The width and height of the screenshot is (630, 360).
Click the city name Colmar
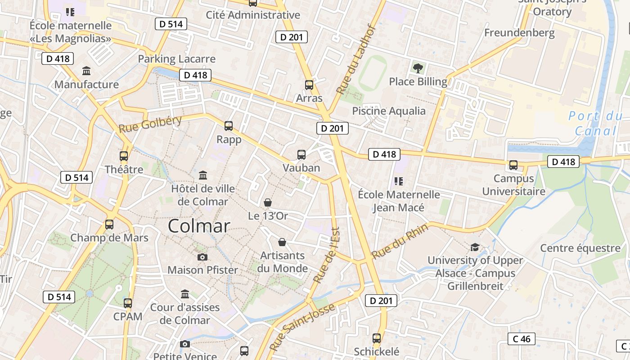tap(199, 226)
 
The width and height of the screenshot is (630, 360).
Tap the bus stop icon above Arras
tap(309, 85)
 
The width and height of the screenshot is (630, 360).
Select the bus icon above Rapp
tap(229, 126)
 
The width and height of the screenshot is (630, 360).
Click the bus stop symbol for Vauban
tap(301, 155)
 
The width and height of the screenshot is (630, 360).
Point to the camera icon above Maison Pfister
tap(202, 257)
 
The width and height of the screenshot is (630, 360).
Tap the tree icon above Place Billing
tap(418, 68)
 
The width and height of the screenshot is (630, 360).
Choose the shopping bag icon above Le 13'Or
tap(268, 203)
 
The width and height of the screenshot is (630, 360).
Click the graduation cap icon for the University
tap(475, 247)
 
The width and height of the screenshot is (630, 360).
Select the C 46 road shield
tap(522, 339)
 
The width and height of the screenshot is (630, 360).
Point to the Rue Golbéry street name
tap(150, 124)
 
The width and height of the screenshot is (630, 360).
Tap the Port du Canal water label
tap(595, 123)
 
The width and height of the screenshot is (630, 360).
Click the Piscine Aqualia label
tap(389, 111)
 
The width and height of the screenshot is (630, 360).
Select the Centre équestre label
tap(580, 248)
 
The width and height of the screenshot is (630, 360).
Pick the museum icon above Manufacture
tap(86, 71)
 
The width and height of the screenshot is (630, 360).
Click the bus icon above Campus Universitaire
tap(513, 165)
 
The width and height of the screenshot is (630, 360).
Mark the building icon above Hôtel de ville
tap(203, 175)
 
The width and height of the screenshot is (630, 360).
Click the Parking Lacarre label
tap(177, 58)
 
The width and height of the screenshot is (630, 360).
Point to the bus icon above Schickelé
tap(377, 338)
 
